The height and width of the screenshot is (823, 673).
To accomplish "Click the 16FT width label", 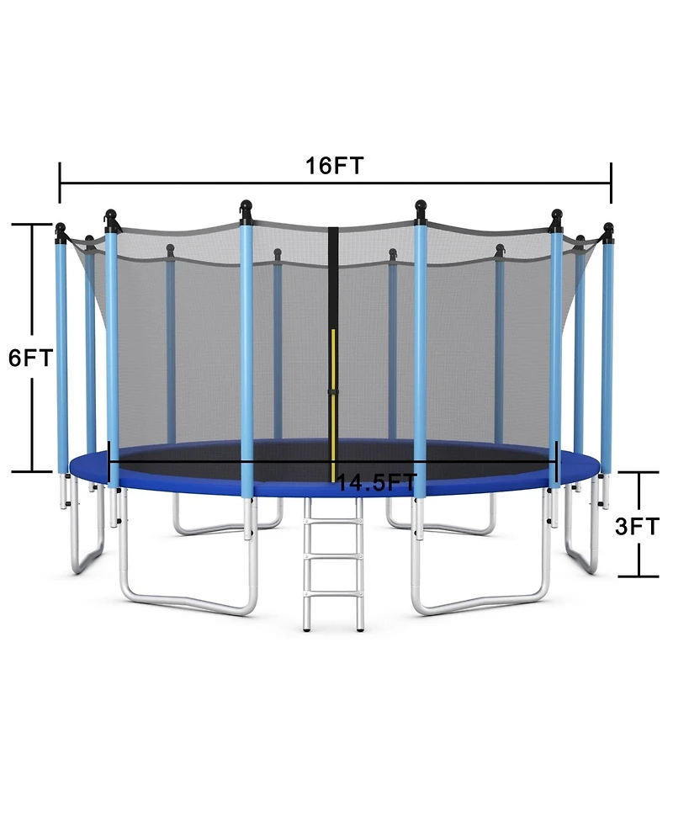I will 334,166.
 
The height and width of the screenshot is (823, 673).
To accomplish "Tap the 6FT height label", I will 30,358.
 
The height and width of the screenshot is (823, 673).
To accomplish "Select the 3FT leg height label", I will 637,527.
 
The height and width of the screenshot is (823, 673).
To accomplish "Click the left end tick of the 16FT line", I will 60,183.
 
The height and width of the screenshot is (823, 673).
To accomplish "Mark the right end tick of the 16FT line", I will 611,183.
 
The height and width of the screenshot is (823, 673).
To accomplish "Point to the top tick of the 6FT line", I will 33,225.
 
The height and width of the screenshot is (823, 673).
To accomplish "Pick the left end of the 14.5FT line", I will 110,459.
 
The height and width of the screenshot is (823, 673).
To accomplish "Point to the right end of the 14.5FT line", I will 557,459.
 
